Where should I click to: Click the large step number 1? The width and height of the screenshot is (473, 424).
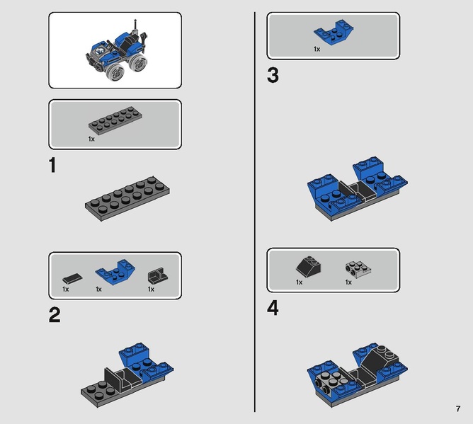pos(53,165)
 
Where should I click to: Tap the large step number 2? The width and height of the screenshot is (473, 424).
pos(55,315)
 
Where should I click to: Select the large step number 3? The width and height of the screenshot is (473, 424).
pos(273,76)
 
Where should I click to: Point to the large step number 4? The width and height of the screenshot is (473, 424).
pos(273,308)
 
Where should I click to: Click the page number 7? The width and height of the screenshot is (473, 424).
pos(458,409)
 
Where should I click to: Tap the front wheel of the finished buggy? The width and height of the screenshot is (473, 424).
pos(115,72)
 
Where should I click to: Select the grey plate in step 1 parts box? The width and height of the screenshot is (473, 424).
pos(115,119)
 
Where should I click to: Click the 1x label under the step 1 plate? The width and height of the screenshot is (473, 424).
pos(91,139)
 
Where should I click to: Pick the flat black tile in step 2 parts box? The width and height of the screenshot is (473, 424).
pos(72,278)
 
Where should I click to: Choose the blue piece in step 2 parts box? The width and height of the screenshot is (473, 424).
pos(115,272)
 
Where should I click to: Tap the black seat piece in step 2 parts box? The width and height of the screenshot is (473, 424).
pos(158,276)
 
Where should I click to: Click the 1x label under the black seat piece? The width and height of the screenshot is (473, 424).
pos(151,290)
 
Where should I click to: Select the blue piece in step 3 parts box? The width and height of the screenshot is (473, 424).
pos(334,33)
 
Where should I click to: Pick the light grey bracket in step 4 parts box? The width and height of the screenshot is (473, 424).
pos(358,269)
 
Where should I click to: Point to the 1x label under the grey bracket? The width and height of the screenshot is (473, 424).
pos(348,282)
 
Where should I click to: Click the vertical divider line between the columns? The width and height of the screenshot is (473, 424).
pos(255,212)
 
